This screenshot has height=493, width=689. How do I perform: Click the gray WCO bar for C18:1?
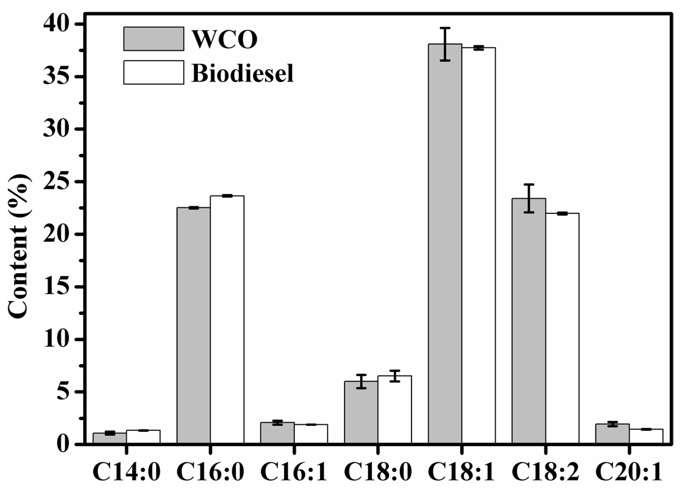[445, 243]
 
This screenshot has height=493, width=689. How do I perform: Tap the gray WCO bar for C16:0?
[194, 325]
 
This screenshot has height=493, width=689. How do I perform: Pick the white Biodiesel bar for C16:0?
[227, 319]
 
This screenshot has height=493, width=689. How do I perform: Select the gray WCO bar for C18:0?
[361, 413]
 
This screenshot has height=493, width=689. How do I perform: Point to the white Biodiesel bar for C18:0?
[395, 410]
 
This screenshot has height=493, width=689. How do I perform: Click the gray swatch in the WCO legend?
[153, 39]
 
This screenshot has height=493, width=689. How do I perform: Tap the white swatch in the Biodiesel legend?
[153, 72]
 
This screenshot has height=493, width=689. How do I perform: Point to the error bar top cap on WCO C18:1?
[445, 28]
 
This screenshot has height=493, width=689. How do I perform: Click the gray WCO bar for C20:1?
[612, 434]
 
